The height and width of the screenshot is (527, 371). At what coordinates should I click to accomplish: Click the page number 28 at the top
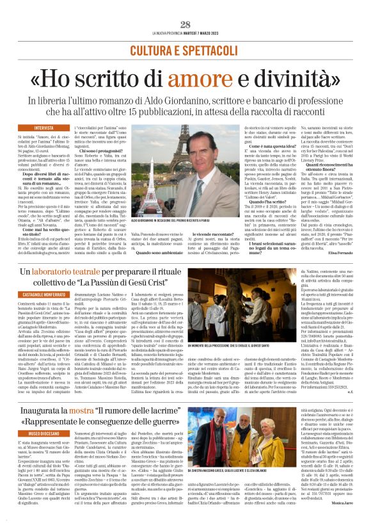(x=185, y=24)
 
